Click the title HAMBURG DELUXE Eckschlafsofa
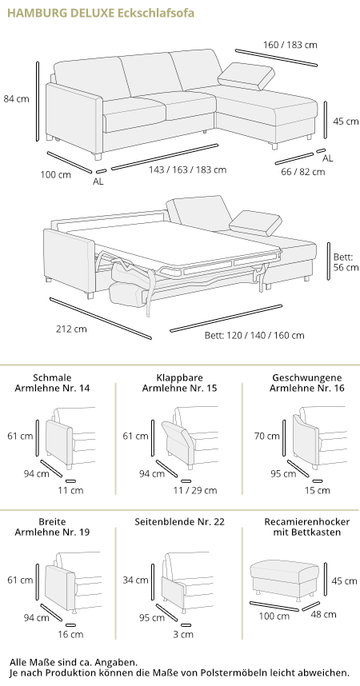(101, 13)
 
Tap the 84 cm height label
(17, 99)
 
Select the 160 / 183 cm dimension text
(290, 45)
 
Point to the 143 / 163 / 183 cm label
(187, 170)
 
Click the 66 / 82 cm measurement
(303, 171)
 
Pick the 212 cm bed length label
(71, 329)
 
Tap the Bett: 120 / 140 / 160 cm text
(254, 336)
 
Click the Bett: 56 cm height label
(346, 262)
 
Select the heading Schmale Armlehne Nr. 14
(52, 383)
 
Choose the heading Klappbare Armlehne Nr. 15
(179, 383)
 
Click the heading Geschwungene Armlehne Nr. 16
(307, 383)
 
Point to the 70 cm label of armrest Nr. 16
(266, 436)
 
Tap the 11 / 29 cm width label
(195, 490)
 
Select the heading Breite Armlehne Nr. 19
(52, 527)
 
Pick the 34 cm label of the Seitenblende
(135, 580)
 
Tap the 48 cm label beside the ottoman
(324, 614)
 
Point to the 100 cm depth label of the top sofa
(56, 175)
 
